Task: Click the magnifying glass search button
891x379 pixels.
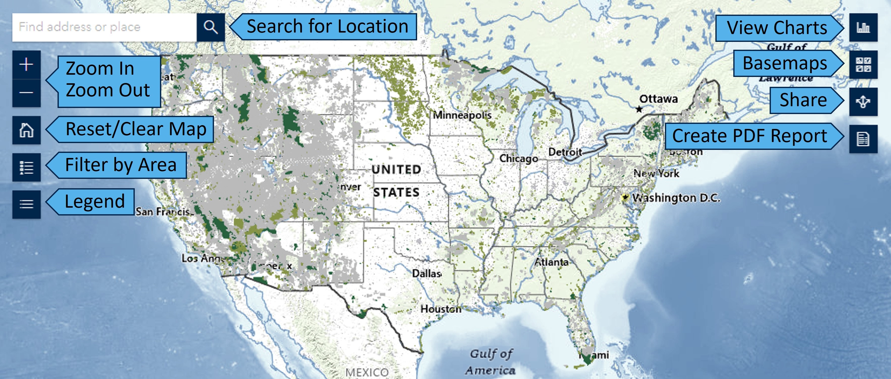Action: point(211,27)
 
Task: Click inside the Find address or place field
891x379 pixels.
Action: point(104,27)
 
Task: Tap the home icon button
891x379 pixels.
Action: point(26,130)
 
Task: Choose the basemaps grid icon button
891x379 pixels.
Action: point(863,65)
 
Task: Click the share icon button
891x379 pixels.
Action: point(863,102)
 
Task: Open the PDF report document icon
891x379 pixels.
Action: point(863,139)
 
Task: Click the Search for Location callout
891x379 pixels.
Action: point(327,27)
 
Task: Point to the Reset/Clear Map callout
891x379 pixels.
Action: point(135,129)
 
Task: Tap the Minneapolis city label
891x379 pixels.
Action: point(462,115)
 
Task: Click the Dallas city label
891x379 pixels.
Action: point(427,273)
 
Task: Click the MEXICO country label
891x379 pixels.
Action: point(367,372)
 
